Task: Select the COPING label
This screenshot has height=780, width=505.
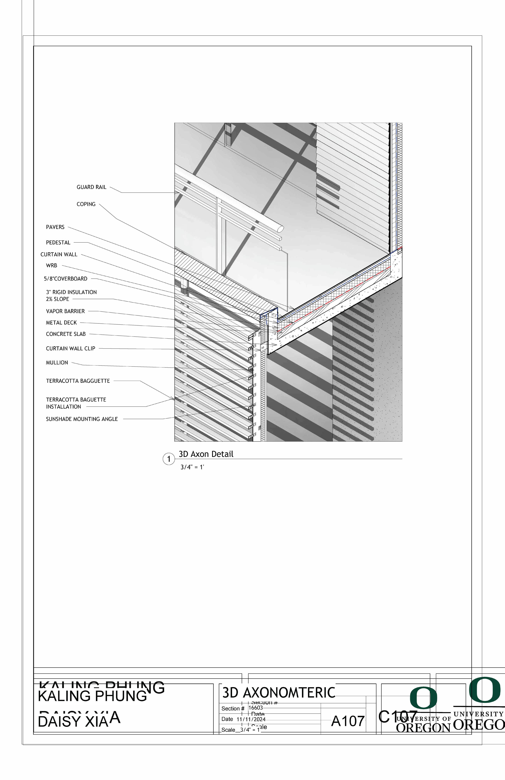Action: tap(86, 204)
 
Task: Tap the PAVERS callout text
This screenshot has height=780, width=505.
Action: tap(55, 227)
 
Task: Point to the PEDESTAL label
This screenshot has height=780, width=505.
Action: tap(58, 242)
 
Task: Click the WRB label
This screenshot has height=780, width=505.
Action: tap(51, 265)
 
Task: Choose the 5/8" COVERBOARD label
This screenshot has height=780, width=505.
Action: tap(66, 279)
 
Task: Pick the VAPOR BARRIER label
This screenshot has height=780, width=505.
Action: tap(65, 311)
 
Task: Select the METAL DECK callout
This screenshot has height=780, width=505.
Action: tap(61, 323)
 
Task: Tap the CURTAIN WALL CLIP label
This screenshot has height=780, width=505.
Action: tap(70, 349)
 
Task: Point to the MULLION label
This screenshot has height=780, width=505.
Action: tap(57, 363)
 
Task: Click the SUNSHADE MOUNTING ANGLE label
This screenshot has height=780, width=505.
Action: tap(82, 419)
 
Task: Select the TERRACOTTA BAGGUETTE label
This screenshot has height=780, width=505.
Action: tap(78, 381)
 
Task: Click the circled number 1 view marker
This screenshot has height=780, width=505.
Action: tap(169, 459)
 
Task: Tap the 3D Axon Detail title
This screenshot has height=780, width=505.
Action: tap(206, 454)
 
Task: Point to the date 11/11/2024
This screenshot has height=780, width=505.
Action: tap(251, 719)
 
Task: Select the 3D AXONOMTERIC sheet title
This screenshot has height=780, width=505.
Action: tap(279, 692)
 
